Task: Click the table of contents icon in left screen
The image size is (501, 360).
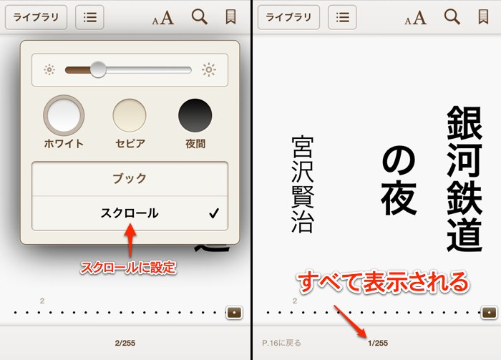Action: coord(89,18)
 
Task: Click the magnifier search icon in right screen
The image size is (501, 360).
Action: coord(452,17)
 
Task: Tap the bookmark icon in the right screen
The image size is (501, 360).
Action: coord(483,17)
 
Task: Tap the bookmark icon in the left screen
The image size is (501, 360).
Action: coord(230,17)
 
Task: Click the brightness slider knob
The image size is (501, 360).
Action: coord(98,69)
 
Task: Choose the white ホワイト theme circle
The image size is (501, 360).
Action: coord(64,115)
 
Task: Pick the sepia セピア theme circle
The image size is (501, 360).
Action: coord(130,115)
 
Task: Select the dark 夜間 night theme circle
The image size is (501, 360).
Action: coord(195,115)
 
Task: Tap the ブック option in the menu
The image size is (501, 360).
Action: coord(130,179)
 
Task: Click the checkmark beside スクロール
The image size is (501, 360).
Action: coord(213,213)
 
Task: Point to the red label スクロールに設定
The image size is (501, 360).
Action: coord(128,268)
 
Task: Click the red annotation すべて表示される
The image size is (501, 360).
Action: coord(382,280)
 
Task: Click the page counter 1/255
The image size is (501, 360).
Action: coord(377,344)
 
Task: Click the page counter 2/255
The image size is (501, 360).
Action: coord(125,344)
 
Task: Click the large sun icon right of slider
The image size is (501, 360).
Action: coord(208,69)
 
